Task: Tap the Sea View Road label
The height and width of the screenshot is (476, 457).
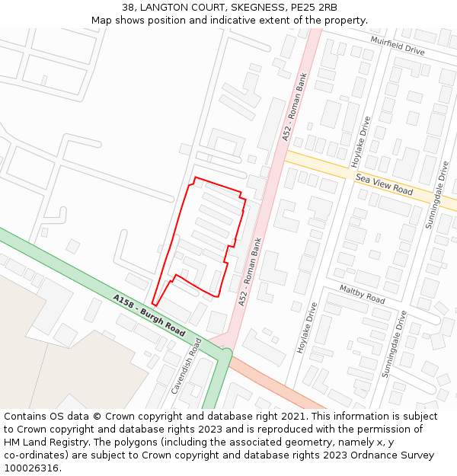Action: click(384, 184)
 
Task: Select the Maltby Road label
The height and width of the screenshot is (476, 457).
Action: click(363, 295)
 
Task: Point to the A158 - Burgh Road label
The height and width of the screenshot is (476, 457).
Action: click(150, 316)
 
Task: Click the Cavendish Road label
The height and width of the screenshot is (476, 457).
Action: click(187, 365)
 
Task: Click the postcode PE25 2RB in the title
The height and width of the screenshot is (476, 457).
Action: click(313, 8)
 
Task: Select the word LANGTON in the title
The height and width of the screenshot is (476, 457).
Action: click(165, 8)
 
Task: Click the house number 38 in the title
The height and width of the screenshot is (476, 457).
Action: click(127, 8)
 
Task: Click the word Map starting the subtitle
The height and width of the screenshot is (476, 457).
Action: click(102, 21)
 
